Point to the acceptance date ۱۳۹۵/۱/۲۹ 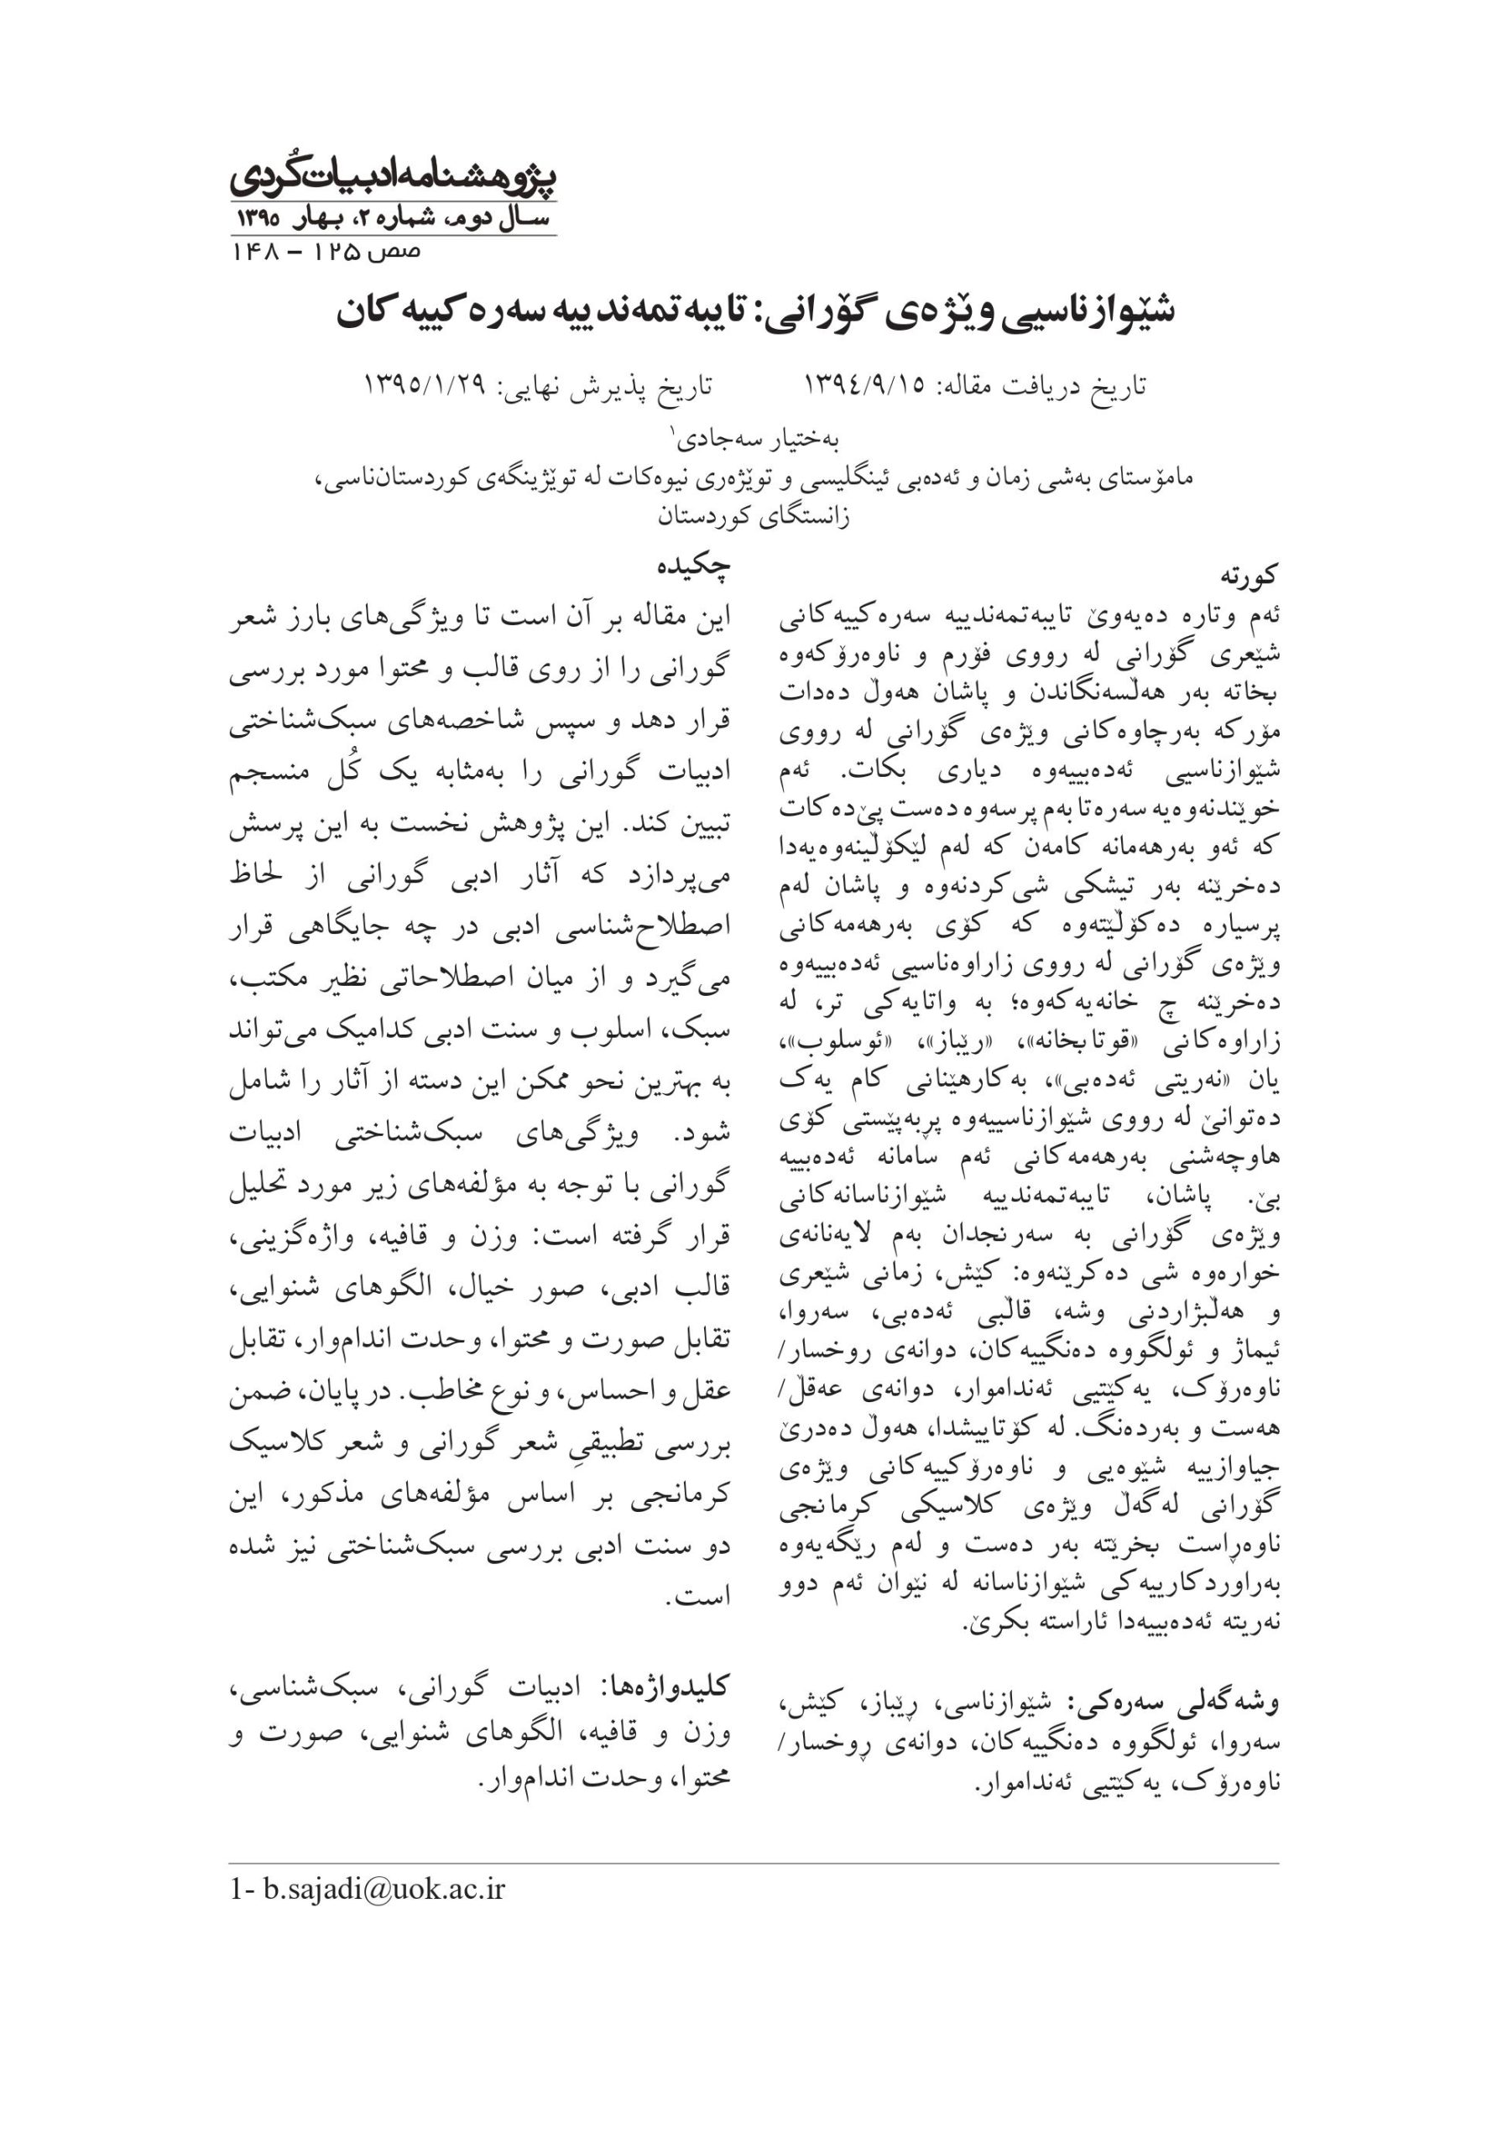(x=425, y=385)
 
